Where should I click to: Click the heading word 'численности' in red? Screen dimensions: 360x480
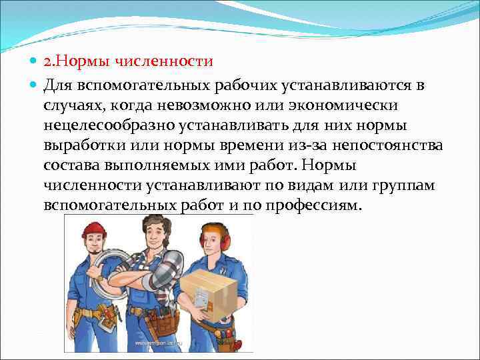172,62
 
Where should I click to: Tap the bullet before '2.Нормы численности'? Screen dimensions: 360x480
34,63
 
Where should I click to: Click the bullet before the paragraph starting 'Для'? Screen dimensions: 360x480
34,87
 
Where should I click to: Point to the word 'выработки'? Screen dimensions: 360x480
83,146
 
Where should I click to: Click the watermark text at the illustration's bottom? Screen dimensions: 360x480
160,343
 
